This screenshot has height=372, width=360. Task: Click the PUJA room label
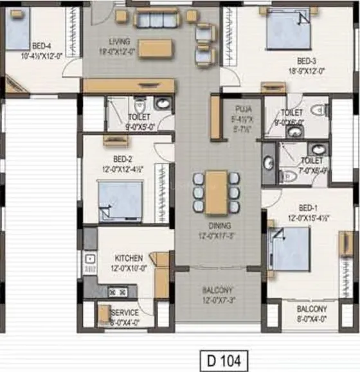click(x=243, y=110)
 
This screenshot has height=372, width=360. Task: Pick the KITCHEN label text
click(x=129, y=255)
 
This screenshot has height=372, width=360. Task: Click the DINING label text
click(x=217, y=226)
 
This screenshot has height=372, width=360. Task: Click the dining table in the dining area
click(x=217, y=192)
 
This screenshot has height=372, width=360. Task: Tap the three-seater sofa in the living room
click(x=156, y=19)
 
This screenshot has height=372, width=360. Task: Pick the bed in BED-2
click(x=120, y=200)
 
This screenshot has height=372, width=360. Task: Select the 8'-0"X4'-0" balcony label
click(x=312, y=313)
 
